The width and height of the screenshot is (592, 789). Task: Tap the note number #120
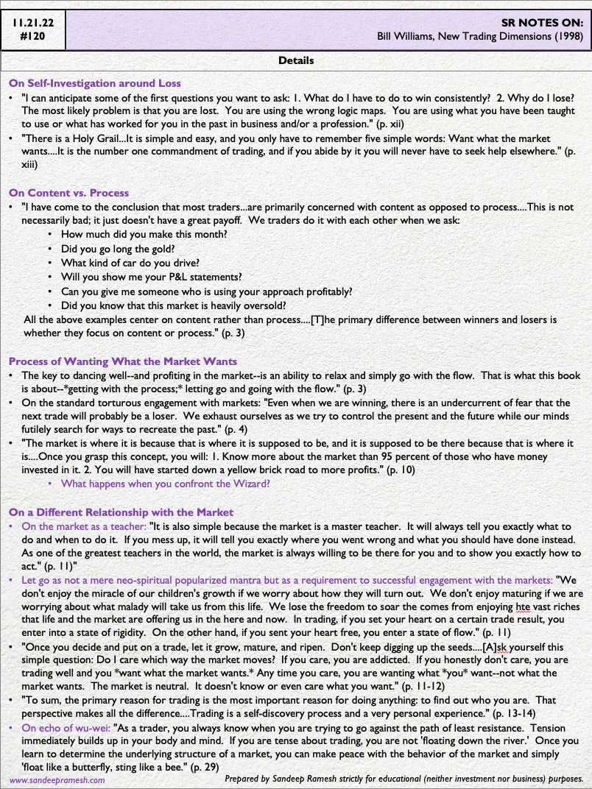coord(33,35)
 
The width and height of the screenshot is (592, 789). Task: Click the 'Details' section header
coord(296,60)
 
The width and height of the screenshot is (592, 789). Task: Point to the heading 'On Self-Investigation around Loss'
coord(95,83)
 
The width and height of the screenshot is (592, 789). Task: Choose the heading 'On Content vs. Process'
coord(68,193)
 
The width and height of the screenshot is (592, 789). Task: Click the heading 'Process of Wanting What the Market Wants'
coord(123,361)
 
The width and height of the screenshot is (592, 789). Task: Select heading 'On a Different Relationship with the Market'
coord(121,512)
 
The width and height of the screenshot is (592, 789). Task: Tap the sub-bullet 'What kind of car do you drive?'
coord(130,263)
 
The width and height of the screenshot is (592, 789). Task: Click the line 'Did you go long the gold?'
coord(119,249)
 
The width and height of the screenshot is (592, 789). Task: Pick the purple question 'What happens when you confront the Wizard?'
coord(166,484)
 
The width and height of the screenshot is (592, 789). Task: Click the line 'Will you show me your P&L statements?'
coord(151,277)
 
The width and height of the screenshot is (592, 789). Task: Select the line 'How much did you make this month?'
coord(144,235)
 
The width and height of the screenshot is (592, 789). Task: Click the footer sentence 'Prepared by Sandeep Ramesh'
coord(404,778)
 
